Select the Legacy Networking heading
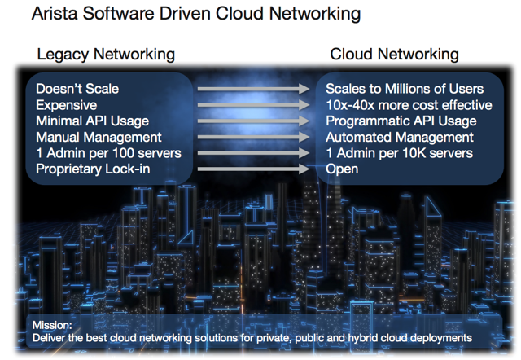tap(106, 55)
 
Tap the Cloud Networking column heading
tap(394, 55)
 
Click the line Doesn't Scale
tap(77, 89)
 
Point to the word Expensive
tap(67, 105)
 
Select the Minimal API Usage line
tap(92, 121)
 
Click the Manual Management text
tap(99, 137)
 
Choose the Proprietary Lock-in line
tap(93, 169)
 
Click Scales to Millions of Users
tap(405, 89)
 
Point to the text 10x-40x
tap(350, 105)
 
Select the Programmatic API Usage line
tap(401, 121)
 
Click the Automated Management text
tap(400, 137)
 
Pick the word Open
tap(342, 169)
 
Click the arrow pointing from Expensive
tap(253, 105)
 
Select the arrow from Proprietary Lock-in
tap(253, 169)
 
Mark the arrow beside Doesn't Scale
tap(253, 89)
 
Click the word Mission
tap(52, 325)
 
